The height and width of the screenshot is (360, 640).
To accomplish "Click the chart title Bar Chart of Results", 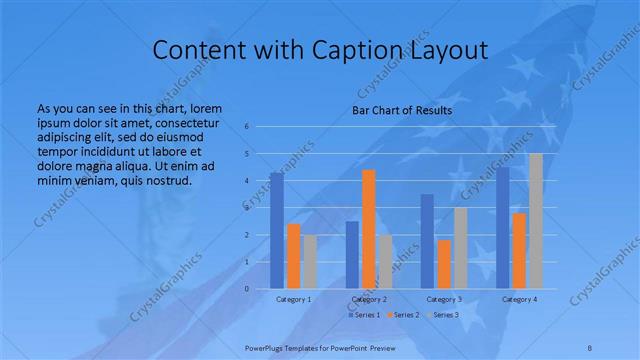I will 402,110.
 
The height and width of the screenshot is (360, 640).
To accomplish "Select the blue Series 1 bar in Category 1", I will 277,230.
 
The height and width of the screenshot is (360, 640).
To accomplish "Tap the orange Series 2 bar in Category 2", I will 369,229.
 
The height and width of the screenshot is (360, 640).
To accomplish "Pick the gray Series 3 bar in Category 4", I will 536,221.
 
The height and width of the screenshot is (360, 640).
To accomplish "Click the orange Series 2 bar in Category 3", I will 444,264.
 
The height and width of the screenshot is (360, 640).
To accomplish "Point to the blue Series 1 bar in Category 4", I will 503,228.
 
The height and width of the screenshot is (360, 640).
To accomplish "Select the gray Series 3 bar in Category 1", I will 311,262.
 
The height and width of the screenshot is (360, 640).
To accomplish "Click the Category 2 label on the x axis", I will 369,299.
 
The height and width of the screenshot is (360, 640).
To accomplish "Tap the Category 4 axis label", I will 519,299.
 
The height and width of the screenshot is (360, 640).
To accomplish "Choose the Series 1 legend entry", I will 364,315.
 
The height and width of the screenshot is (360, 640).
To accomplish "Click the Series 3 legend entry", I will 443,315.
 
